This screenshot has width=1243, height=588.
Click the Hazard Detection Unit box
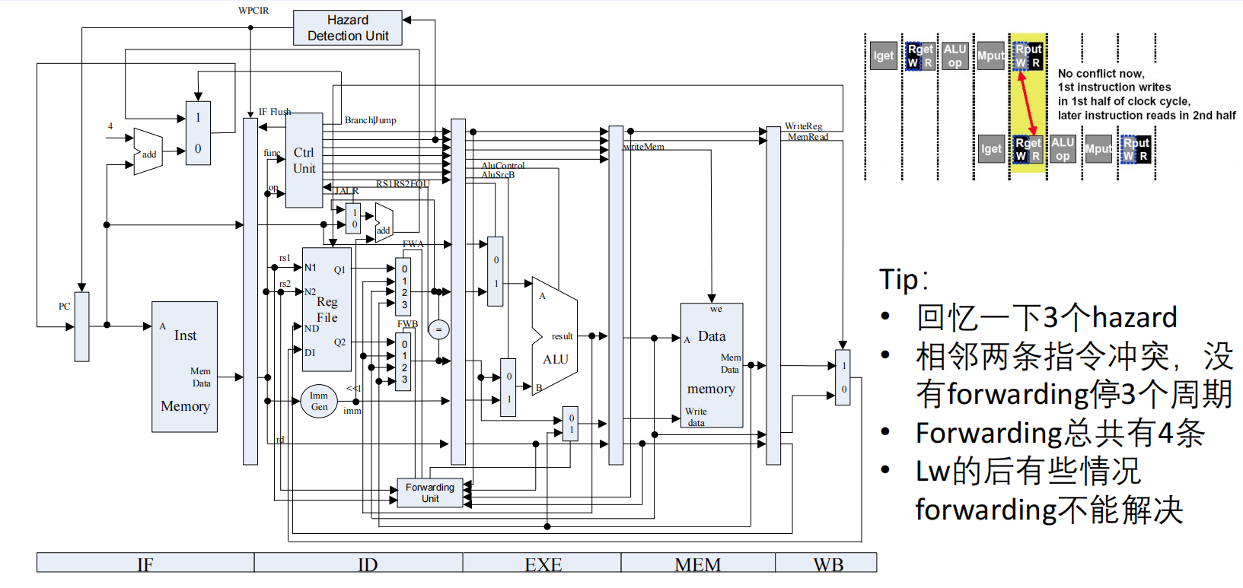tap(347, 28)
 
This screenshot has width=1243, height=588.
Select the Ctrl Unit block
tap(304, 161)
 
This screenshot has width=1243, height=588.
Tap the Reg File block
tap(327, 310)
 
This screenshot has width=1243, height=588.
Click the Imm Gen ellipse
tap(319, 401)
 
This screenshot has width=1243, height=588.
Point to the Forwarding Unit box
tap(429, 493)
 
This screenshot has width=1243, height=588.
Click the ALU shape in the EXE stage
tap(555, 335)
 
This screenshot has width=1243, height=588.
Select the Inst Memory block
tap(184, 367)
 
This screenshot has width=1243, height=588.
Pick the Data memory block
tap(711, 365)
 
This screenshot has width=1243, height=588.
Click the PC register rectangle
tap(81, 326)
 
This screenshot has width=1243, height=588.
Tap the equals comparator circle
tap(438, 329)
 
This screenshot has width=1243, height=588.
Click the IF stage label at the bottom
tap(145, 564)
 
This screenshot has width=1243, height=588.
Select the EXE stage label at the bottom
tap(543, 564)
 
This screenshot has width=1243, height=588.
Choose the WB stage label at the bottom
tap(827, 564)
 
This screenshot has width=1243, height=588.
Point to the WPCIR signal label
tap(253, 11)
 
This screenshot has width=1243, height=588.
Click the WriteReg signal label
tap(803, 126)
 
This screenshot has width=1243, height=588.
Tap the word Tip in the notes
tap(899, 280)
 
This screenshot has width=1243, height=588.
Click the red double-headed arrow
tap(1027, 103)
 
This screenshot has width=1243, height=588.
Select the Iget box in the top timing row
tap(883, 56)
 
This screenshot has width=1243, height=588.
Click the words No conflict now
tap(1100, 74)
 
